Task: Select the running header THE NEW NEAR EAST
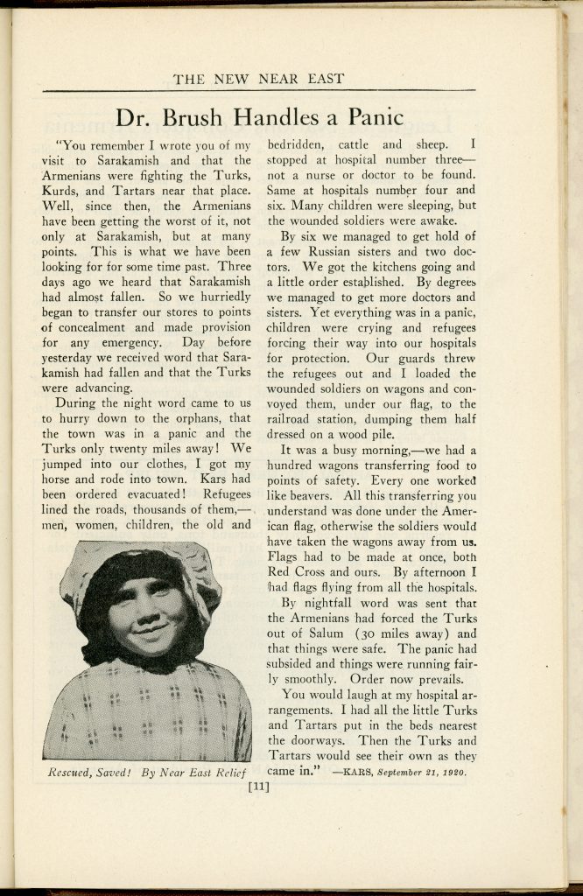258,79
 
